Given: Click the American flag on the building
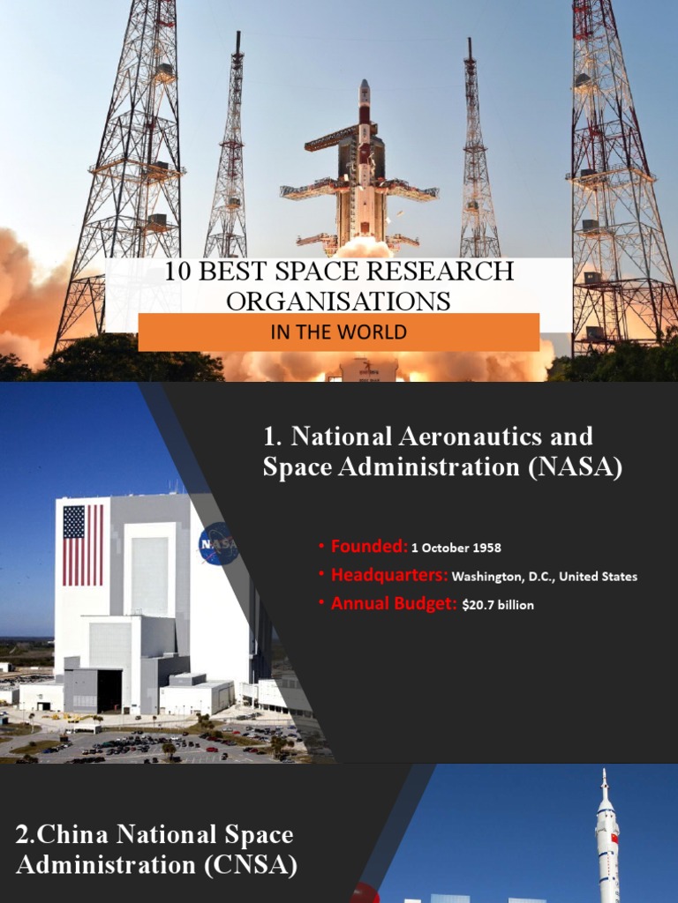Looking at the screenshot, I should point(83,545).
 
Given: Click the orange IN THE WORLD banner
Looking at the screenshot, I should point(338,332).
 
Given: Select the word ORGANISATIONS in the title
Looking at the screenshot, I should point(338,302).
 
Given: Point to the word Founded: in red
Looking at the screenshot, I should point(369,547).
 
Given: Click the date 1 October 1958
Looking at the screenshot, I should point(456,548).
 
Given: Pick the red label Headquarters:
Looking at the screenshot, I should point(389,576).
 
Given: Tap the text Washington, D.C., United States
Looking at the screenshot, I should point(544,577).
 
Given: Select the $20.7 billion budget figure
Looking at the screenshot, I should point(498,605).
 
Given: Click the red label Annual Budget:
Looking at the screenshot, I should point(394,605).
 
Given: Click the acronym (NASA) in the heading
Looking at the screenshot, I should point(576,468).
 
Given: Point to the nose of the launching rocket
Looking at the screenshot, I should point(364,86).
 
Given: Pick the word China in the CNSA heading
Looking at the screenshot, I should point(74,834).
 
